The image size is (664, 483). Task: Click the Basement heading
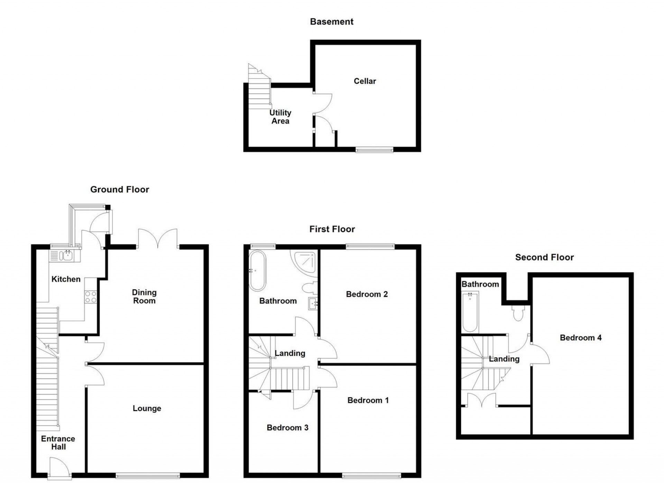pyautogui.click(x=331, y=22)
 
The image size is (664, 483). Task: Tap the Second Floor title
pyautogui.click(x=544, y=257)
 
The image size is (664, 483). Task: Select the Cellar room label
pyautogui.click(x=365, y=81)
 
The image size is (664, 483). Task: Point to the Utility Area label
pyautogui.click(x=280, y=117)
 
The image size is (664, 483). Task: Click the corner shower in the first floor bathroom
pyautogui.click(x=305, y=262)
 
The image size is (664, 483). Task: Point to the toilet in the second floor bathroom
pyautogui.click(x=518, y=313)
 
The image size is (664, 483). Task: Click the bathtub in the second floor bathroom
pyautogui.click(x=470, y=311)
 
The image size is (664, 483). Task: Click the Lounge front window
pyautogui.click(x=148, y=476)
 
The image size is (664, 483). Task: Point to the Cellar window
pyautogui.click(x=375, y=150)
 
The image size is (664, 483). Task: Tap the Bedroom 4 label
pyautogui.click(x=581, y=338)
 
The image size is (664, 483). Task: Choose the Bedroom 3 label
pyautogui.click(x=287, y=428)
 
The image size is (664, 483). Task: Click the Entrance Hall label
pyautogui.click(x=58, y=443)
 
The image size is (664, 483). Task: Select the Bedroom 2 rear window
pyautogui.click(x=370, y=246)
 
